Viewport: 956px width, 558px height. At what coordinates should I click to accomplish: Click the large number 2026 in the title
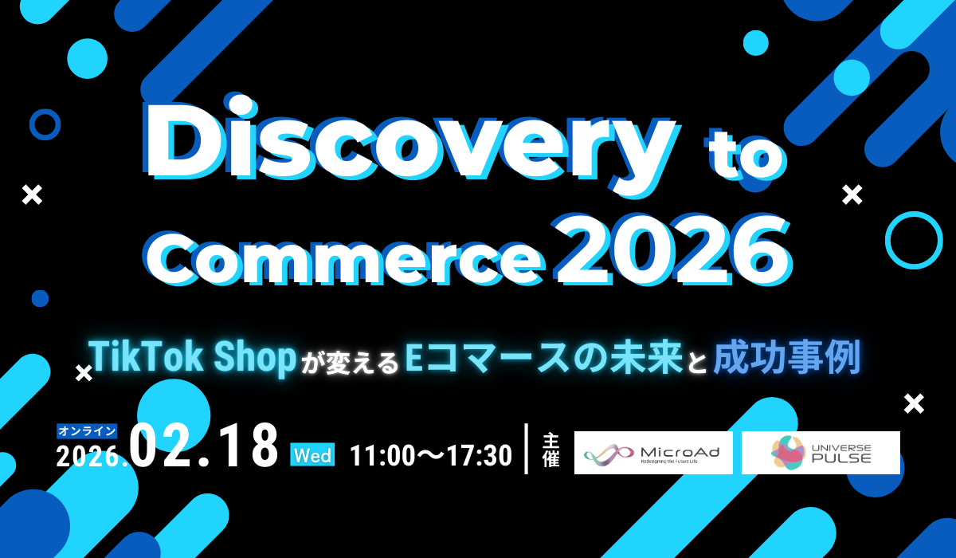[x=672, y=249]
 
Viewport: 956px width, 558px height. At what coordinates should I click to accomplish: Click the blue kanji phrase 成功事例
[x=786, y=358]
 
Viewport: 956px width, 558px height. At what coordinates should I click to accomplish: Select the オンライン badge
[x=87, y=431]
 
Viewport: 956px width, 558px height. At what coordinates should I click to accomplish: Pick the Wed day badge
[x=312, y=455]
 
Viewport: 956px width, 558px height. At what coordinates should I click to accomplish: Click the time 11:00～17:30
[x=431, y=455]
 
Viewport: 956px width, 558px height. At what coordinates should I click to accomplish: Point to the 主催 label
[x=550, y=450]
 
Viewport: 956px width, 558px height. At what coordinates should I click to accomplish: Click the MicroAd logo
[x=653, y=453]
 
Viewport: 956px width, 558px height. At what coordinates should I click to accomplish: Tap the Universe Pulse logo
[x=821, y=453]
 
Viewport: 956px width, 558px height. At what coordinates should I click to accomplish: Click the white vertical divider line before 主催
[x=527, y=448]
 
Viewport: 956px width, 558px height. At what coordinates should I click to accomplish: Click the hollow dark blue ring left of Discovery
[x=30, y=124]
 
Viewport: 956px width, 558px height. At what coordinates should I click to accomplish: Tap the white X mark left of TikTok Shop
[x=84, y=374]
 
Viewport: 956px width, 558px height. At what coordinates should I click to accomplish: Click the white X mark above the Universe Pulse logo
[x=915, y=404]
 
